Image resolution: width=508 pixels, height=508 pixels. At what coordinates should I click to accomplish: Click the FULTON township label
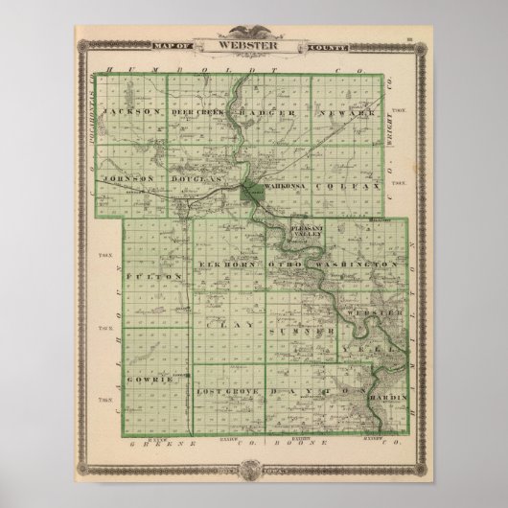(x=140, y=276)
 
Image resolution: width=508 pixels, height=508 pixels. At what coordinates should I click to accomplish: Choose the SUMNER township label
(x=294, y=329)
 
